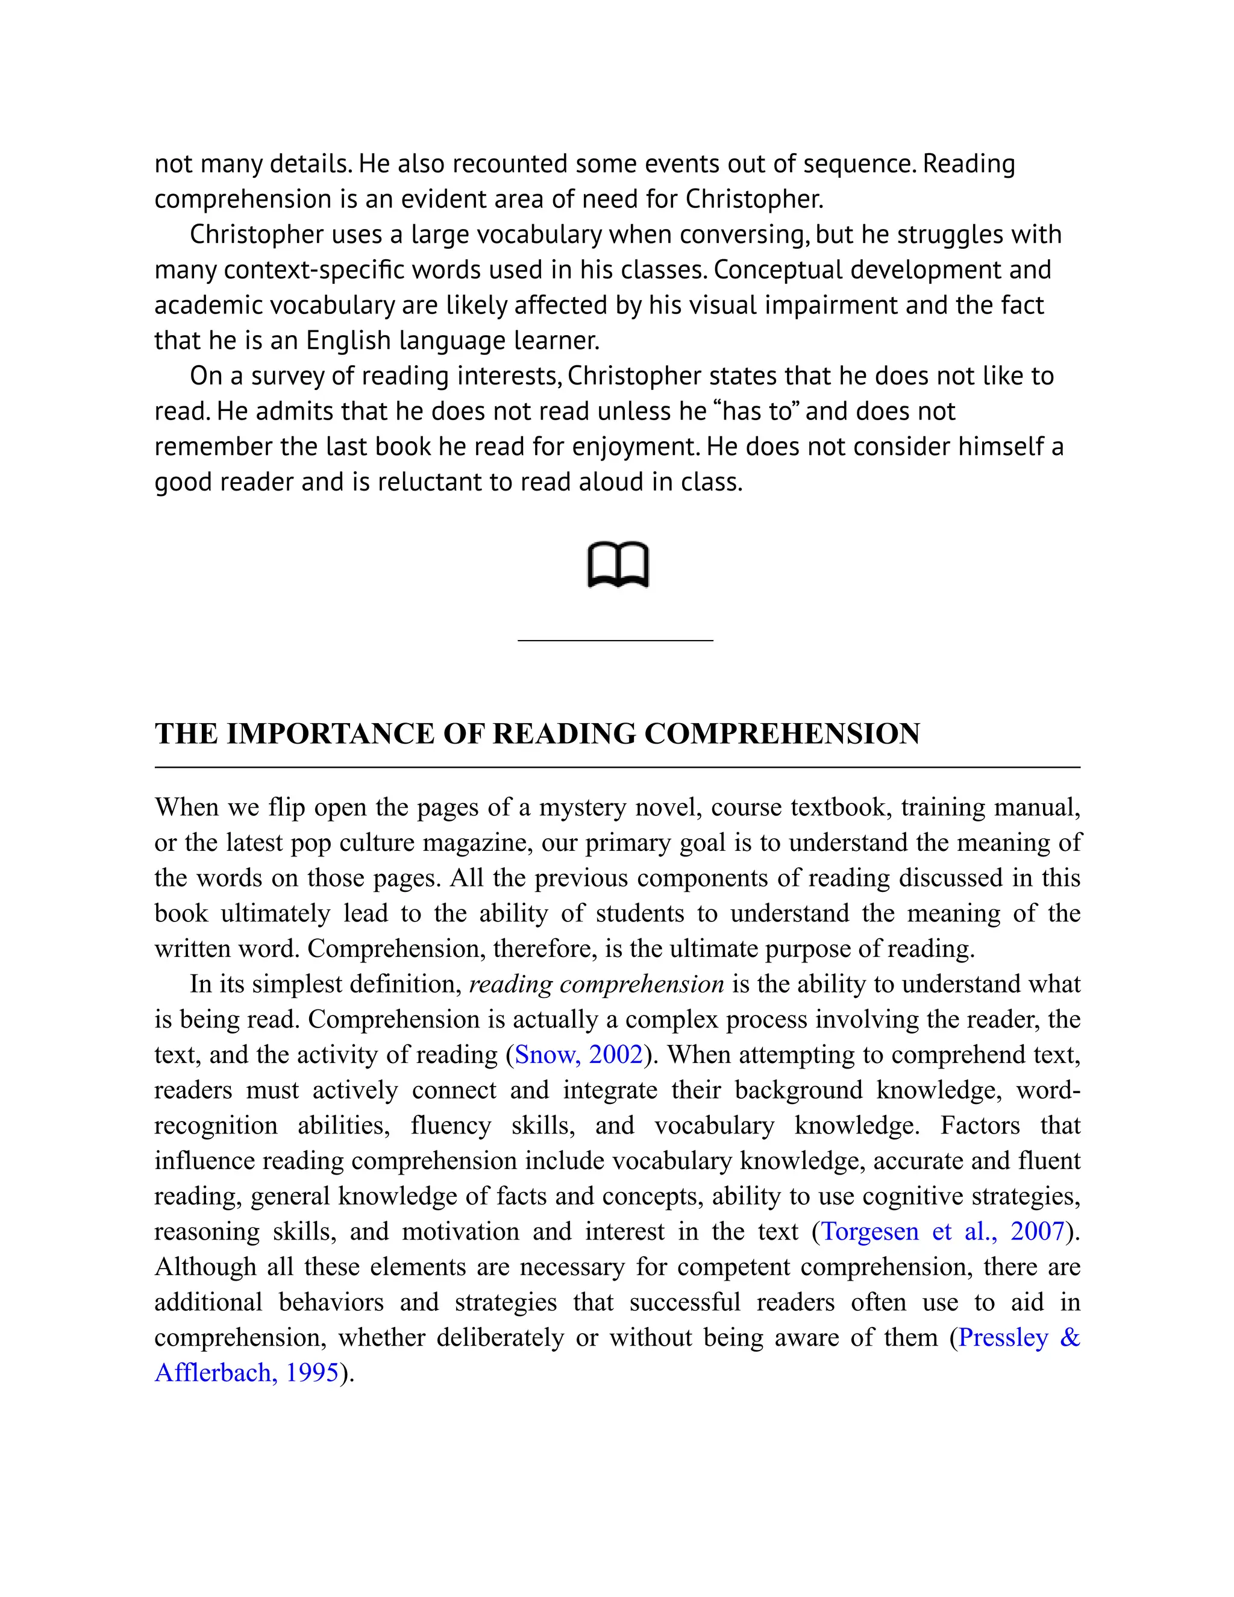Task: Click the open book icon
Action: pos(618,565)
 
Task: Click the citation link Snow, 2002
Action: pos(579,1055)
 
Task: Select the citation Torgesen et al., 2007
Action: pos(942,1231)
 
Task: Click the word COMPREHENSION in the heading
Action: pos(781,734)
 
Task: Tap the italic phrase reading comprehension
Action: pos(596,984)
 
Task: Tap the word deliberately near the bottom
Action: pos(500,1337)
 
